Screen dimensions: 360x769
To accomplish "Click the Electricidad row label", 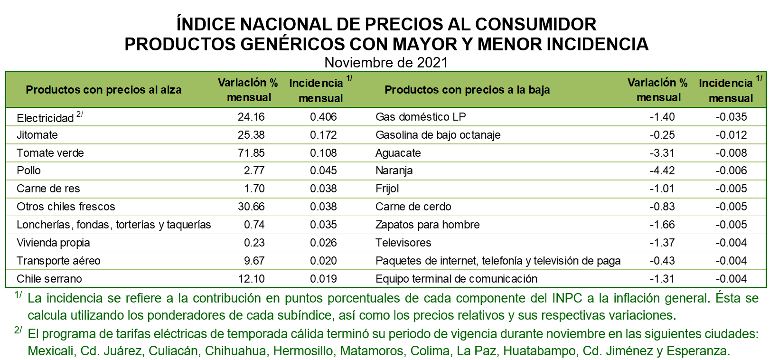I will (x=45, y=118).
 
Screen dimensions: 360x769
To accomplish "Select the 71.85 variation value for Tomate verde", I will (x=251, y=153).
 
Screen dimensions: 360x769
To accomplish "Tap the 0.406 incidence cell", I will (x=323, y=117).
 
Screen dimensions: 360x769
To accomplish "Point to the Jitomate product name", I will (x=37, y=135).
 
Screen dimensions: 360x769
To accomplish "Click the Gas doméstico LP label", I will (x=421, y=117).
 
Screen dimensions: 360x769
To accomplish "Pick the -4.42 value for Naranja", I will (x=662, y=171).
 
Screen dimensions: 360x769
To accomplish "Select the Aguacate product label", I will (x=398, y=153).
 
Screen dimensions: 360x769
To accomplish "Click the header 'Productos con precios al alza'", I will (x=103, y=90).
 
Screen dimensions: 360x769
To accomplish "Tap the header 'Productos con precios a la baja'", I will (x=467, y=90).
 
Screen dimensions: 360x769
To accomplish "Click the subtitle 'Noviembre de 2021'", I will (x=386, y=63).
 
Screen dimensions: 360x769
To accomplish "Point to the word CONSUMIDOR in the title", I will (x=536, y=24).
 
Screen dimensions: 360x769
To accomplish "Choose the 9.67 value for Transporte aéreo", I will (x=254, y=261).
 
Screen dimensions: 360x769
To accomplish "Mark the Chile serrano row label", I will (x=49, y=279).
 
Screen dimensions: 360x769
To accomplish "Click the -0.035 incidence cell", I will (x=731, y=117).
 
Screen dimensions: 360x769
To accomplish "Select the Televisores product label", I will (x=403, y=243).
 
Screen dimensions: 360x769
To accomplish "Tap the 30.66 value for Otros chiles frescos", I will (x=251, y=207).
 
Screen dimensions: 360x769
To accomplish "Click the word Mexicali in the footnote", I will (x=50, y=351).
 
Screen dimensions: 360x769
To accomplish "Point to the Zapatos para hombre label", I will (x=427, y=225).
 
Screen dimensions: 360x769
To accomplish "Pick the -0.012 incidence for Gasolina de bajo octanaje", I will (x=731, y=135).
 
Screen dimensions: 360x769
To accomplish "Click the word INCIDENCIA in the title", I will (x=597, y=44).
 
